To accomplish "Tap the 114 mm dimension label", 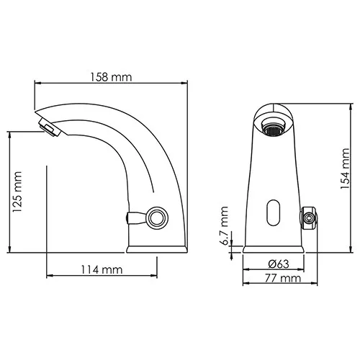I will pyautogui.click(x=102, y=270).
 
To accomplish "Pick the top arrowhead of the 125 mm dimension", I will pyautogui.click(x=10, y=133).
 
